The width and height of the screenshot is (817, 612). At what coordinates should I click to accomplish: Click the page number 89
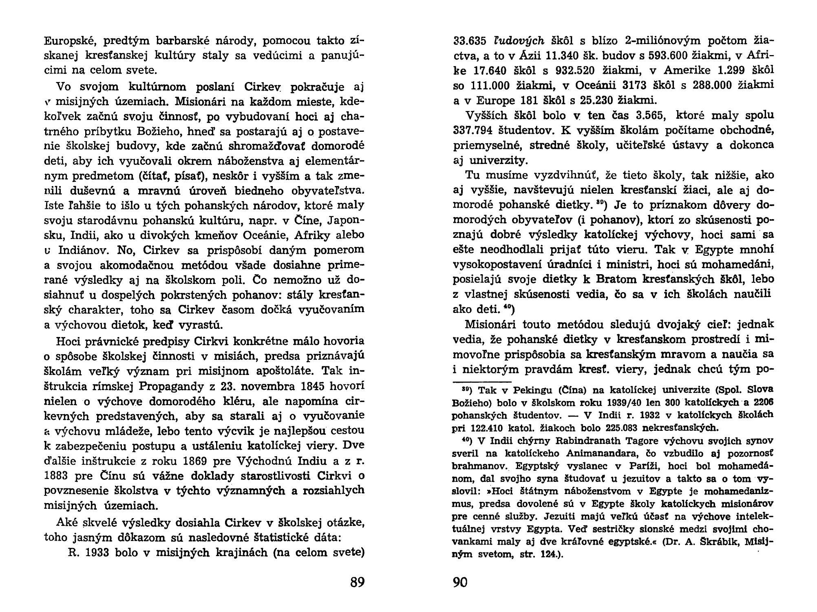click(357, 582)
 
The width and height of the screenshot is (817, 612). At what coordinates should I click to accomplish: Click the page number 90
click(460, 582)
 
